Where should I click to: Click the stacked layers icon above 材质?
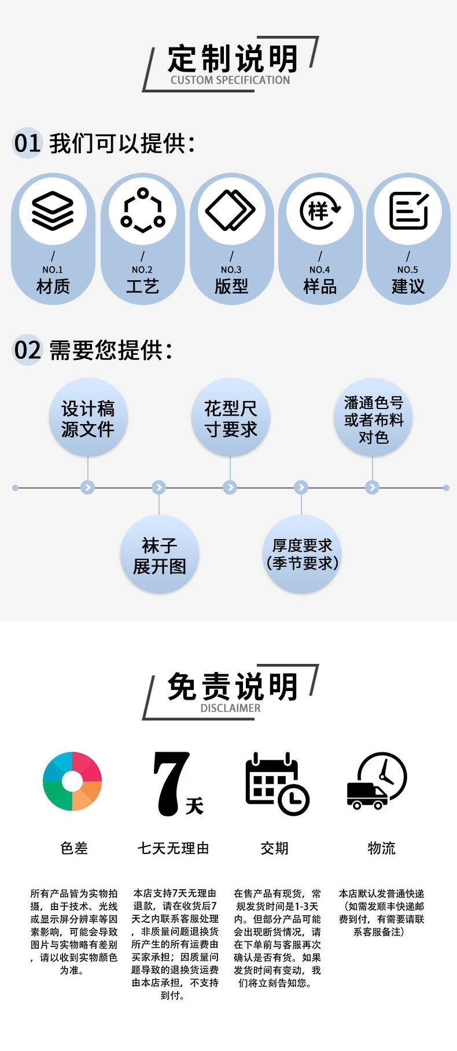pos(53,211)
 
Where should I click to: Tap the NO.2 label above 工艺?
pos(142,270)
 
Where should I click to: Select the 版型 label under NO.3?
pos(231,286)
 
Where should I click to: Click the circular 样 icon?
pos(320,211)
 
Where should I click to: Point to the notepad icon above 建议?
pos(408,211)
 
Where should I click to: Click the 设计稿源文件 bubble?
pos(88,418)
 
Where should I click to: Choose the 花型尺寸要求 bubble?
pos(230,418)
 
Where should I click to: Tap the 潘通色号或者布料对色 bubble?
pos(373,418)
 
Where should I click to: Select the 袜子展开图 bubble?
pos(159,555)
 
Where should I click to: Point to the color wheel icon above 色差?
pos(72,781)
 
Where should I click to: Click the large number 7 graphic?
pos(172,783)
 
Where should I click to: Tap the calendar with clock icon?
pos(277,783)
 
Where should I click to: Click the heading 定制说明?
pos(233,58)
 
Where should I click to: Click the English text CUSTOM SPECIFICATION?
pos(230,80)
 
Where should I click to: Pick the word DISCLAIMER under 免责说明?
pos(230,708)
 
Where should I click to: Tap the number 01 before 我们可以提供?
pos(27,143)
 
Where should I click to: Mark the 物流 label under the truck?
pos(381,848)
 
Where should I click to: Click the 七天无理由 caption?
pos(173,848)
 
